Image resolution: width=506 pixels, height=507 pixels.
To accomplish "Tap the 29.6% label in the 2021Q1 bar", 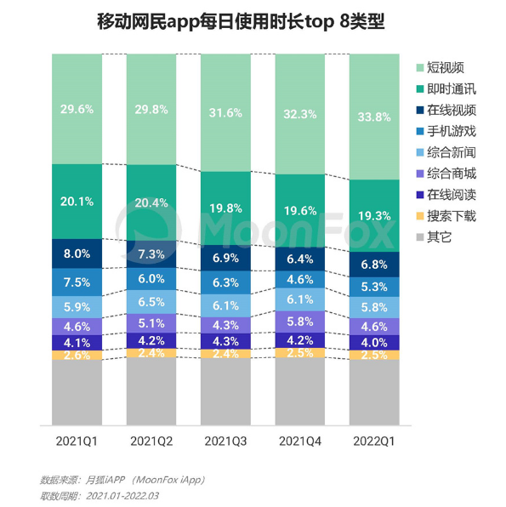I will coord(77,108).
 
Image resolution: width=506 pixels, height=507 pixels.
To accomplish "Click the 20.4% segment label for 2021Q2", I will coord(151,202).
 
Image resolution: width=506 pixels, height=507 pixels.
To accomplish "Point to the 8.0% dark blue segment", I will coord(77,253).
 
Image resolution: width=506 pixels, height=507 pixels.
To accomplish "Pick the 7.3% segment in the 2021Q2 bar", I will coord(151,254).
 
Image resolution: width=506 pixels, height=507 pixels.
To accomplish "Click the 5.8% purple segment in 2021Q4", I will coord(300,322).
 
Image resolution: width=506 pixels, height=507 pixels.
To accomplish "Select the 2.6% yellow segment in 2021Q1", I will coord(77,356).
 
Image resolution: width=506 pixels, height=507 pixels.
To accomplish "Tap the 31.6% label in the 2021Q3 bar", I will coord(225,112).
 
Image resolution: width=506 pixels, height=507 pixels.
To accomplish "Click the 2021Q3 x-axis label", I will coord(225,441).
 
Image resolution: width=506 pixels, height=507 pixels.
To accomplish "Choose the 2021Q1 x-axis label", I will coord(77,441).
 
